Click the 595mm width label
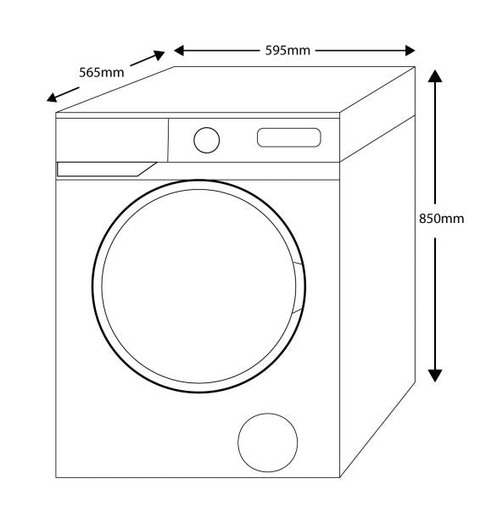point(287,51)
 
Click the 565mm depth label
point(102,73)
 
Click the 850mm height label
point(442,219)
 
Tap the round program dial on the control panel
point(207,140)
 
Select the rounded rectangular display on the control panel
point(289,137)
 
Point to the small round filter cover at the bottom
point(268,442)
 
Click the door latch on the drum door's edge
point(298,287)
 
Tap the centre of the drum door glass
point(198,286)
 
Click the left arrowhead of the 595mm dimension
point(179,51)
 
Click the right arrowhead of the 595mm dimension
point(410,51)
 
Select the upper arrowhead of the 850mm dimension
point(435,75)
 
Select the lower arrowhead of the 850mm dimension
point(435,376)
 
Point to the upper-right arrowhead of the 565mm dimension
point(159,55)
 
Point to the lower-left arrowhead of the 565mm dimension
point(52,97)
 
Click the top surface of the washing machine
point(235,89)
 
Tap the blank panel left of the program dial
point(112,140)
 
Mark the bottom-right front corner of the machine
point(340,477)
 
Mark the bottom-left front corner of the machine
point(56,477)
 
